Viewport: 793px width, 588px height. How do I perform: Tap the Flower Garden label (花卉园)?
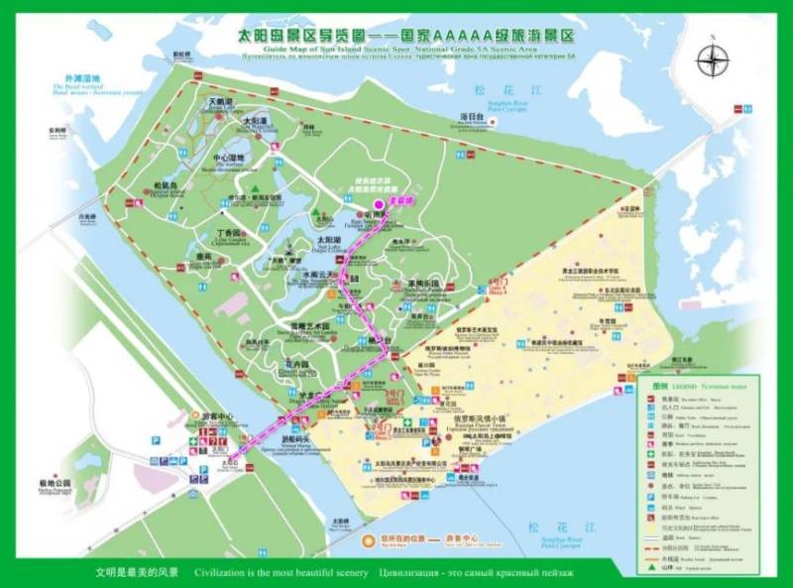[299, 364]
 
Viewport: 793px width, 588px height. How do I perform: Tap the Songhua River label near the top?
[492, 91]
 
